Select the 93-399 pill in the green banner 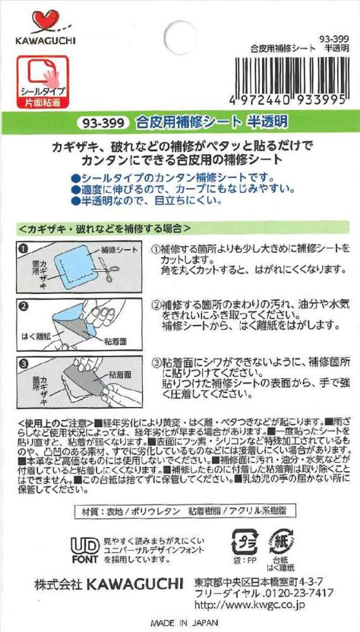pos(103,123)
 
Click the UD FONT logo pos(85,550)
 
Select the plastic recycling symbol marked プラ pos(245,542)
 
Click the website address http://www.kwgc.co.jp pos(249,605)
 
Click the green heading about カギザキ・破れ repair pos(104,228)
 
